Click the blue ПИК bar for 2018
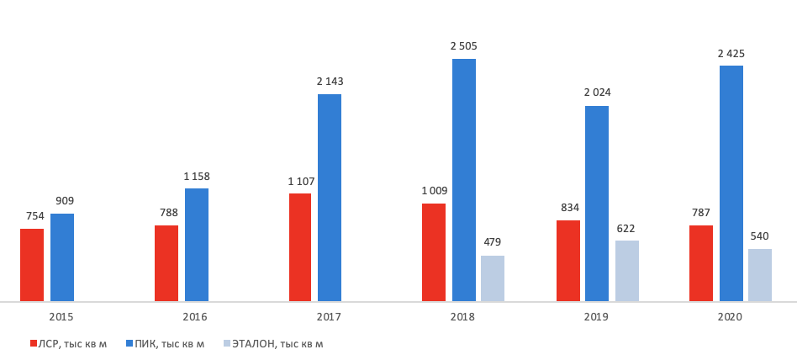point(464,180)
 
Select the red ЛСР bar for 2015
point(32,265)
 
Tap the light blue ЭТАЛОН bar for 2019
point(627,271)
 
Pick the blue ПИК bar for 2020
point(731,183)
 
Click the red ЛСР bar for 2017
point(299,247)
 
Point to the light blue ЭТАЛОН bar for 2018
point(493,278)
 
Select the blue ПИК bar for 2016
point(197,245)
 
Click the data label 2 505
point(464,46)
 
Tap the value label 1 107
point(300,181)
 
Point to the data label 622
point(627,228)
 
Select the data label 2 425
point(731,53)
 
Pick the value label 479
point(493,242)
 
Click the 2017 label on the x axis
point(329,317)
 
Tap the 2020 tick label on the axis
point(731,317)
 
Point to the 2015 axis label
point(61,317)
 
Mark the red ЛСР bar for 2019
point(568,261)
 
